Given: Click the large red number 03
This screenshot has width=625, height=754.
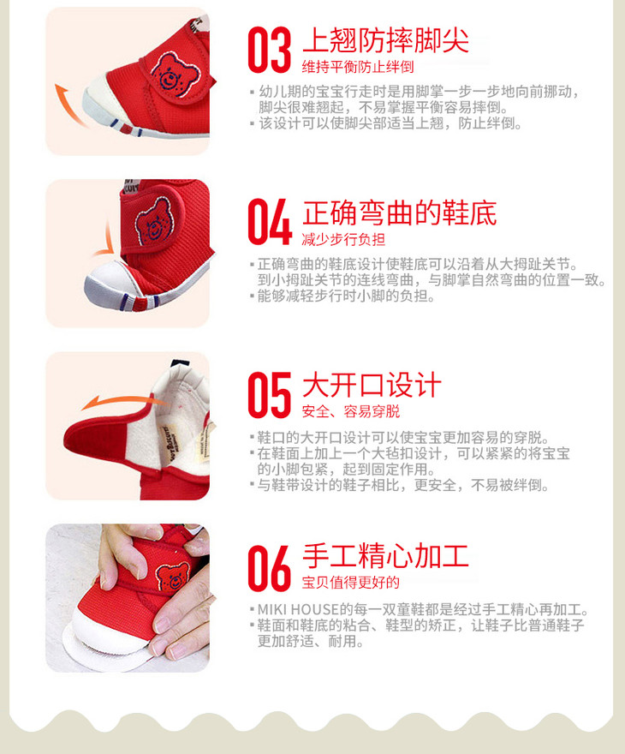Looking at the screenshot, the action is pos(270,50).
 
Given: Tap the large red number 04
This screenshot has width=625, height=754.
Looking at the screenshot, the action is pos(270,222).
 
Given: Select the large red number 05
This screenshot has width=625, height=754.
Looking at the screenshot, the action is pos(270,395).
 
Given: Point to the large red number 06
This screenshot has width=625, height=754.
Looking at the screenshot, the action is pos(270,568).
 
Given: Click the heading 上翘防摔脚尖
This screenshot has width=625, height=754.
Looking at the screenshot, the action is pos(386,40).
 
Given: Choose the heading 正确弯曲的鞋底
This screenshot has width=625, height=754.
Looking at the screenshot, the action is pos(399,212).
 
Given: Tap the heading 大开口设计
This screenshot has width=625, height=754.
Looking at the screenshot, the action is pos(372,385).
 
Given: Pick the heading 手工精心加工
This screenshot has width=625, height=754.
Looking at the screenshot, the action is pos(386,556).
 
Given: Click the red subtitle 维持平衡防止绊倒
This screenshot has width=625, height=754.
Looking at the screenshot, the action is pos(358,67).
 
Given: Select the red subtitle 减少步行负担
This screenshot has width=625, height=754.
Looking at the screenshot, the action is pos(343,239).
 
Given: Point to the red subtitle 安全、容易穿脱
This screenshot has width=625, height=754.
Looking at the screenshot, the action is pos(351,411).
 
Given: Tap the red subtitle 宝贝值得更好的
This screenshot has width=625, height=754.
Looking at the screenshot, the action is pos(351,583).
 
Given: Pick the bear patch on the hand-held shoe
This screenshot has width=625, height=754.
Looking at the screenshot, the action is pos(172,577).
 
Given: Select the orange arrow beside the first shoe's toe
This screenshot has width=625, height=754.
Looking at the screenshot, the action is pos(68,104).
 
